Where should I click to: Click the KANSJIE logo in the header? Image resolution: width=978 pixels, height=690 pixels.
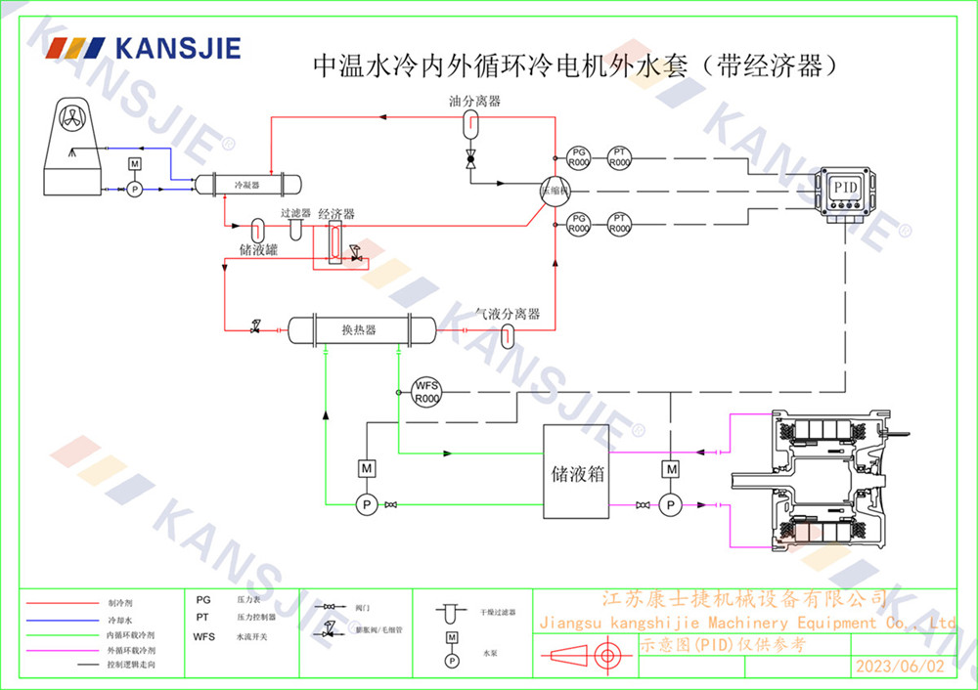(x=145, y=47)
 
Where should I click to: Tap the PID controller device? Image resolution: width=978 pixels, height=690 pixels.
(x=845, y=192)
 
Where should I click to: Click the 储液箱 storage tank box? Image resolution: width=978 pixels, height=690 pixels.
(x=575, y=471)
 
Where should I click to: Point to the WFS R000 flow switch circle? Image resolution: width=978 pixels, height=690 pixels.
(x=426, y=392)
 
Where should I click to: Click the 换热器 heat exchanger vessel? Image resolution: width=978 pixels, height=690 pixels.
(x=359, y=330)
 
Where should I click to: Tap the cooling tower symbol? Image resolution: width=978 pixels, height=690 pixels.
(x=72, y=147)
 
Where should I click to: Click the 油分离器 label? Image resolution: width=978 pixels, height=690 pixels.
(x=474, y=101)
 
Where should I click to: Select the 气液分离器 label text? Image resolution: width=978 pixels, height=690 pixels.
(x=508, y=314)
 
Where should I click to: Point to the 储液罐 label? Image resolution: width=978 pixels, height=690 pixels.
(x=258, y=250)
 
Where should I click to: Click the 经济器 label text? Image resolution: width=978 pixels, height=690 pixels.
(x=335, y=213)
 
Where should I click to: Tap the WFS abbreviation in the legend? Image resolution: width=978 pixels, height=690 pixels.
(x=204, y=636)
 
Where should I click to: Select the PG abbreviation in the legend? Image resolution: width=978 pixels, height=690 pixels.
(x=203, y=599)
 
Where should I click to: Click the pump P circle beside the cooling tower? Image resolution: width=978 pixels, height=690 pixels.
(x=135, y=187)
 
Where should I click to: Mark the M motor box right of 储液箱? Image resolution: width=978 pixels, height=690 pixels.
(x=671, y=470)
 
